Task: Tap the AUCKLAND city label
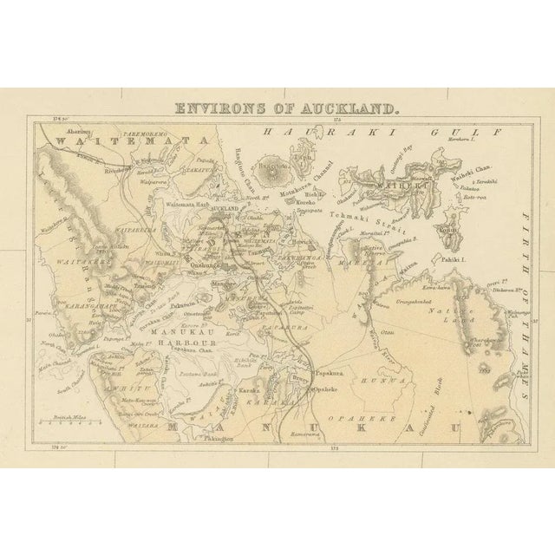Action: click(x=225, y=210)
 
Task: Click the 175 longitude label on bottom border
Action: click(x=333, y=447)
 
